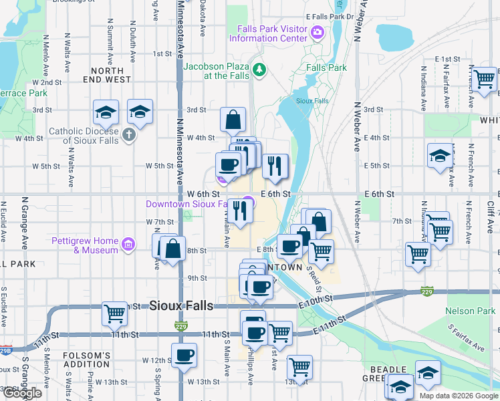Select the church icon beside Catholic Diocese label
(129, 135)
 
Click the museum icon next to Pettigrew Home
(130, 245)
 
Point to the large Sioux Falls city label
(180, 305)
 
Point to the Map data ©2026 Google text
(458, 396)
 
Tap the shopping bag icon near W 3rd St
(233, 120)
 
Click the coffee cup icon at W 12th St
(184, 355)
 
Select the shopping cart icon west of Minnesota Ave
(114, 313)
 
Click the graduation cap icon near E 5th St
(439, 156)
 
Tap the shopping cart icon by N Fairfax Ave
(485, 80)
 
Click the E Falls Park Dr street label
(329, 15)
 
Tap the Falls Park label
(326, 68)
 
